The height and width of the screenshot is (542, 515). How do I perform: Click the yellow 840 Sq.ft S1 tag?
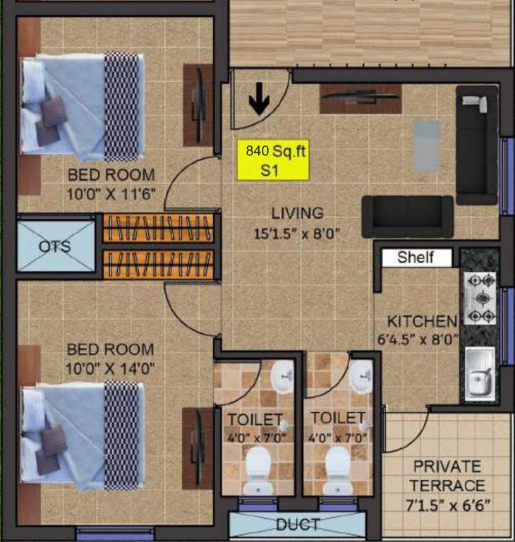click(x=273, y=159)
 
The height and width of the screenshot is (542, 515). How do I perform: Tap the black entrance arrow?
click(x=259, y=103)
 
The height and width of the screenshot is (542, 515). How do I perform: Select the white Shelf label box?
click(x=416, y=258)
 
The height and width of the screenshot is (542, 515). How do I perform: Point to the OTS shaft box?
click(x=55, y=246)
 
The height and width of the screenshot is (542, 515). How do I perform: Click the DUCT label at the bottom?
click(x=297, y=525)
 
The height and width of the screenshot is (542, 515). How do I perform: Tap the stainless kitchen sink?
click(x=480, y=373)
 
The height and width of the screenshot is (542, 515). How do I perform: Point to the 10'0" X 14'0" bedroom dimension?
click(x=110, y=368)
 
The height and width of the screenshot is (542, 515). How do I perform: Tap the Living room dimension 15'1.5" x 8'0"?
click(x=298, y=234)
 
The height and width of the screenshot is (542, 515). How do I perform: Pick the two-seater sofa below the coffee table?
click(x=408, y=216)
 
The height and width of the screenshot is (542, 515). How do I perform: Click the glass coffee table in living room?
click(x=426, y=146)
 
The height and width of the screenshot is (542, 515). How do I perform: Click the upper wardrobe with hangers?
click(x=159, y=228)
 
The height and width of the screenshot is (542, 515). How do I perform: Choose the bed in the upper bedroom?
click(x=83, y=107)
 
